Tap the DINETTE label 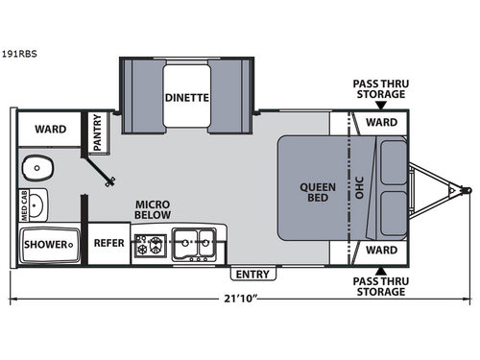click(x=186, y=96)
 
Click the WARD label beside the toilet click(x=51, y=129)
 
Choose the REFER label click(x=108, y=243)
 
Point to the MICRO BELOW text click(x=152, y=209)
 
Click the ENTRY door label click(x=253, y=275)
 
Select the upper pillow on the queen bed click(x=392, y=158)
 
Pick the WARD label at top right click(x=381, y=123)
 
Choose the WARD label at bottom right click(x=381, y=251)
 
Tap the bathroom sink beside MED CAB click(x=36, y=204)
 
